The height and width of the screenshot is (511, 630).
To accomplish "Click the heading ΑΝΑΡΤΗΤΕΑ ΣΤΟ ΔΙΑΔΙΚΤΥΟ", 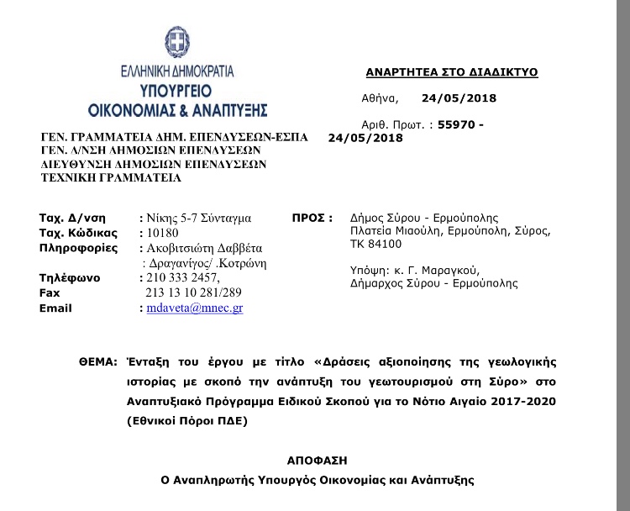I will pyautogui.click(x=452, y=73).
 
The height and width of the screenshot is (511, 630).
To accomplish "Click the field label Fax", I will pyautogui.click(x=50, y=292).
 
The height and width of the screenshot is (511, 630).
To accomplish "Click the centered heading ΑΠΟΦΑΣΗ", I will pyautogui.click(x=318, y=461).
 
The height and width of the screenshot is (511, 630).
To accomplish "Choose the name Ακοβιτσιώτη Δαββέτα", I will pyautogui.click(x=206, y=248).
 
